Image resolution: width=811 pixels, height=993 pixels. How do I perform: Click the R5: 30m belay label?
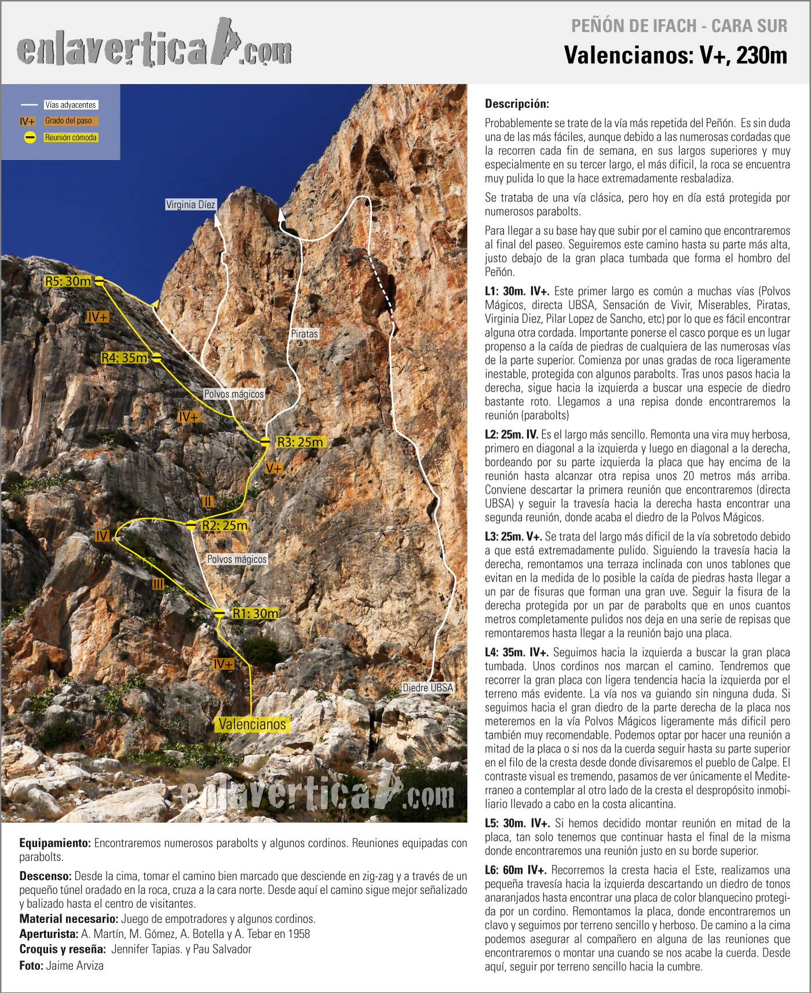tap(68, 282)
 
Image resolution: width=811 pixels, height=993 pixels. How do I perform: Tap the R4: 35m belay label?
tap(124, 358)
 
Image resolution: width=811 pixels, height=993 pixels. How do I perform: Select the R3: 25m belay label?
tap(300, 442)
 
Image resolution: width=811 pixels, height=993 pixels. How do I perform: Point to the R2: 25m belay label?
tap(225, 525)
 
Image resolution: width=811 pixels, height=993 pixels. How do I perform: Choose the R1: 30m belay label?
tap(255, 614)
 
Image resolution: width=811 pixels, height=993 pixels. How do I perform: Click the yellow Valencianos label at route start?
tap(252, 724)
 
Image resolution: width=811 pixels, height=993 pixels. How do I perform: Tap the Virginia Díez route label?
tap(190, 205)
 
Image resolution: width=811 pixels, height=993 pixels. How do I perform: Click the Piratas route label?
tap(305, 334)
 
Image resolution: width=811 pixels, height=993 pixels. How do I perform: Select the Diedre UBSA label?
tap(428, 688)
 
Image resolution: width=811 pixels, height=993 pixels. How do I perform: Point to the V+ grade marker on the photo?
tap(274, 468)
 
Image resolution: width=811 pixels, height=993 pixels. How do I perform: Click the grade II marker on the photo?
tap(208, 501)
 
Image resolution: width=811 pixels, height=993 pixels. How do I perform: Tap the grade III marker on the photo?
tap(158, 584)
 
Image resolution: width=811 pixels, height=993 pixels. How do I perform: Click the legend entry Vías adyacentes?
tap(71, 105)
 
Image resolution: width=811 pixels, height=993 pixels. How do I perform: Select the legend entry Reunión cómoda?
tap(71, 138)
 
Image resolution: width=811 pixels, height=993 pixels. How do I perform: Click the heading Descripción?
tap(517, 104)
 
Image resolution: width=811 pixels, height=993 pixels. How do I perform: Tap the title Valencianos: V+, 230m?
tap(675, 56)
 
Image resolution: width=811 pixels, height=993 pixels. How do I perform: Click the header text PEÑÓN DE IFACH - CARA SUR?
tap(679, 26)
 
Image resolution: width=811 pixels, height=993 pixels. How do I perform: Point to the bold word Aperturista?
tap(49, 934)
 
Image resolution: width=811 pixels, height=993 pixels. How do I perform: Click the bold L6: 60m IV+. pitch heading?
tap(516, 870)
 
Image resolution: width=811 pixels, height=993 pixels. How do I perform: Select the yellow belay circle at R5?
tap(100, 281)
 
